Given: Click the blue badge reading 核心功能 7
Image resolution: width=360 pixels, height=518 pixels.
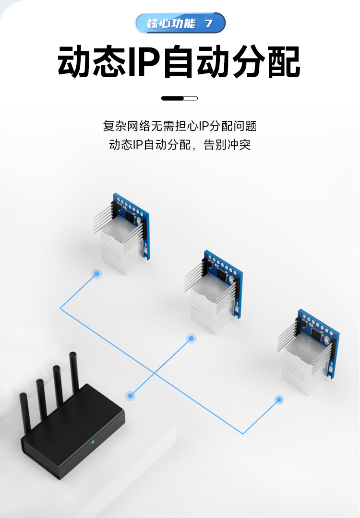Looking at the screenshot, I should [x=180, y=23].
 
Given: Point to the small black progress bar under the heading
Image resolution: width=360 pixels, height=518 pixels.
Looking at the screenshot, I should [x=180, y=98].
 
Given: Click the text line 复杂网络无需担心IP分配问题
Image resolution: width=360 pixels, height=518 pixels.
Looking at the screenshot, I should [x=180, y=126].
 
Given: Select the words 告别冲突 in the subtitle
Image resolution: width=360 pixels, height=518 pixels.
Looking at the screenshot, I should [x=227, y=144].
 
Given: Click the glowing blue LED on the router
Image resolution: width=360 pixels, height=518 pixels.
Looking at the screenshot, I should [x=93, y=442].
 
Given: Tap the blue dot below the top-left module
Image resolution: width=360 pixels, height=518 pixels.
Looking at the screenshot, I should [x=96, y=274].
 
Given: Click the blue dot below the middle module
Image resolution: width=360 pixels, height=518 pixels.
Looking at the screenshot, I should [x=191, y=339].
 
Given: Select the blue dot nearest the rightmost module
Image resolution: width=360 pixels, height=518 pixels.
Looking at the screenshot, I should [x=278, y=399].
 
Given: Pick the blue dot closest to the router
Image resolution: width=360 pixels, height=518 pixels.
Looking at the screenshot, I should [x=130, y=396].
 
